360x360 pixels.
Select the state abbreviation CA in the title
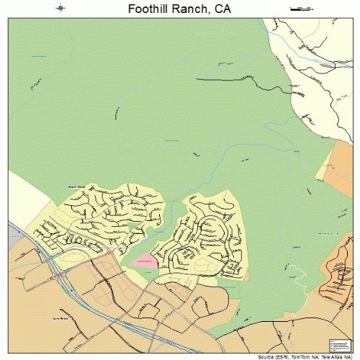click(x=222, y=9)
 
